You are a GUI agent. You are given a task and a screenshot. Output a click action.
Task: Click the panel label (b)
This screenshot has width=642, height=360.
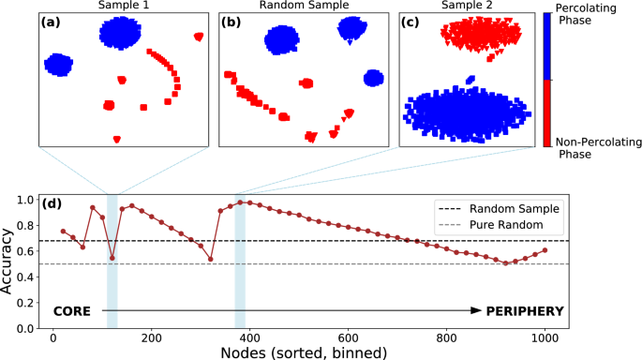tap(232, 22)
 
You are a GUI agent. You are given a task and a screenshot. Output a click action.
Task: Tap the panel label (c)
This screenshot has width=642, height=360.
tap(412, 22)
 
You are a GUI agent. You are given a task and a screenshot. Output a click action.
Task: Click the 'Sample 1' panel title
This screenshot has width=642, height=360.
tap(124, 7)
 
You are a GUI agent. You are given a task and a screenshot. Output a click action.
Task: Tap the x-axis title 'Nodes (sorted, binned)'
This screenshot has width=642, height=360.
tap(298, 352)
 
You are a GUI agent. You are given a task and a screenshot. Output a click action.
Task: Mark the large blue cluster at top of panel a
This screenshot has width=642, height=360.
tap(124, 35)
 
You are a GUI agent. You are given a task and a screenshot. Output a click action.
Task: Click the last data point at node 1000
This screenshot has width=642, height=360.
tap(545, 250)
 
